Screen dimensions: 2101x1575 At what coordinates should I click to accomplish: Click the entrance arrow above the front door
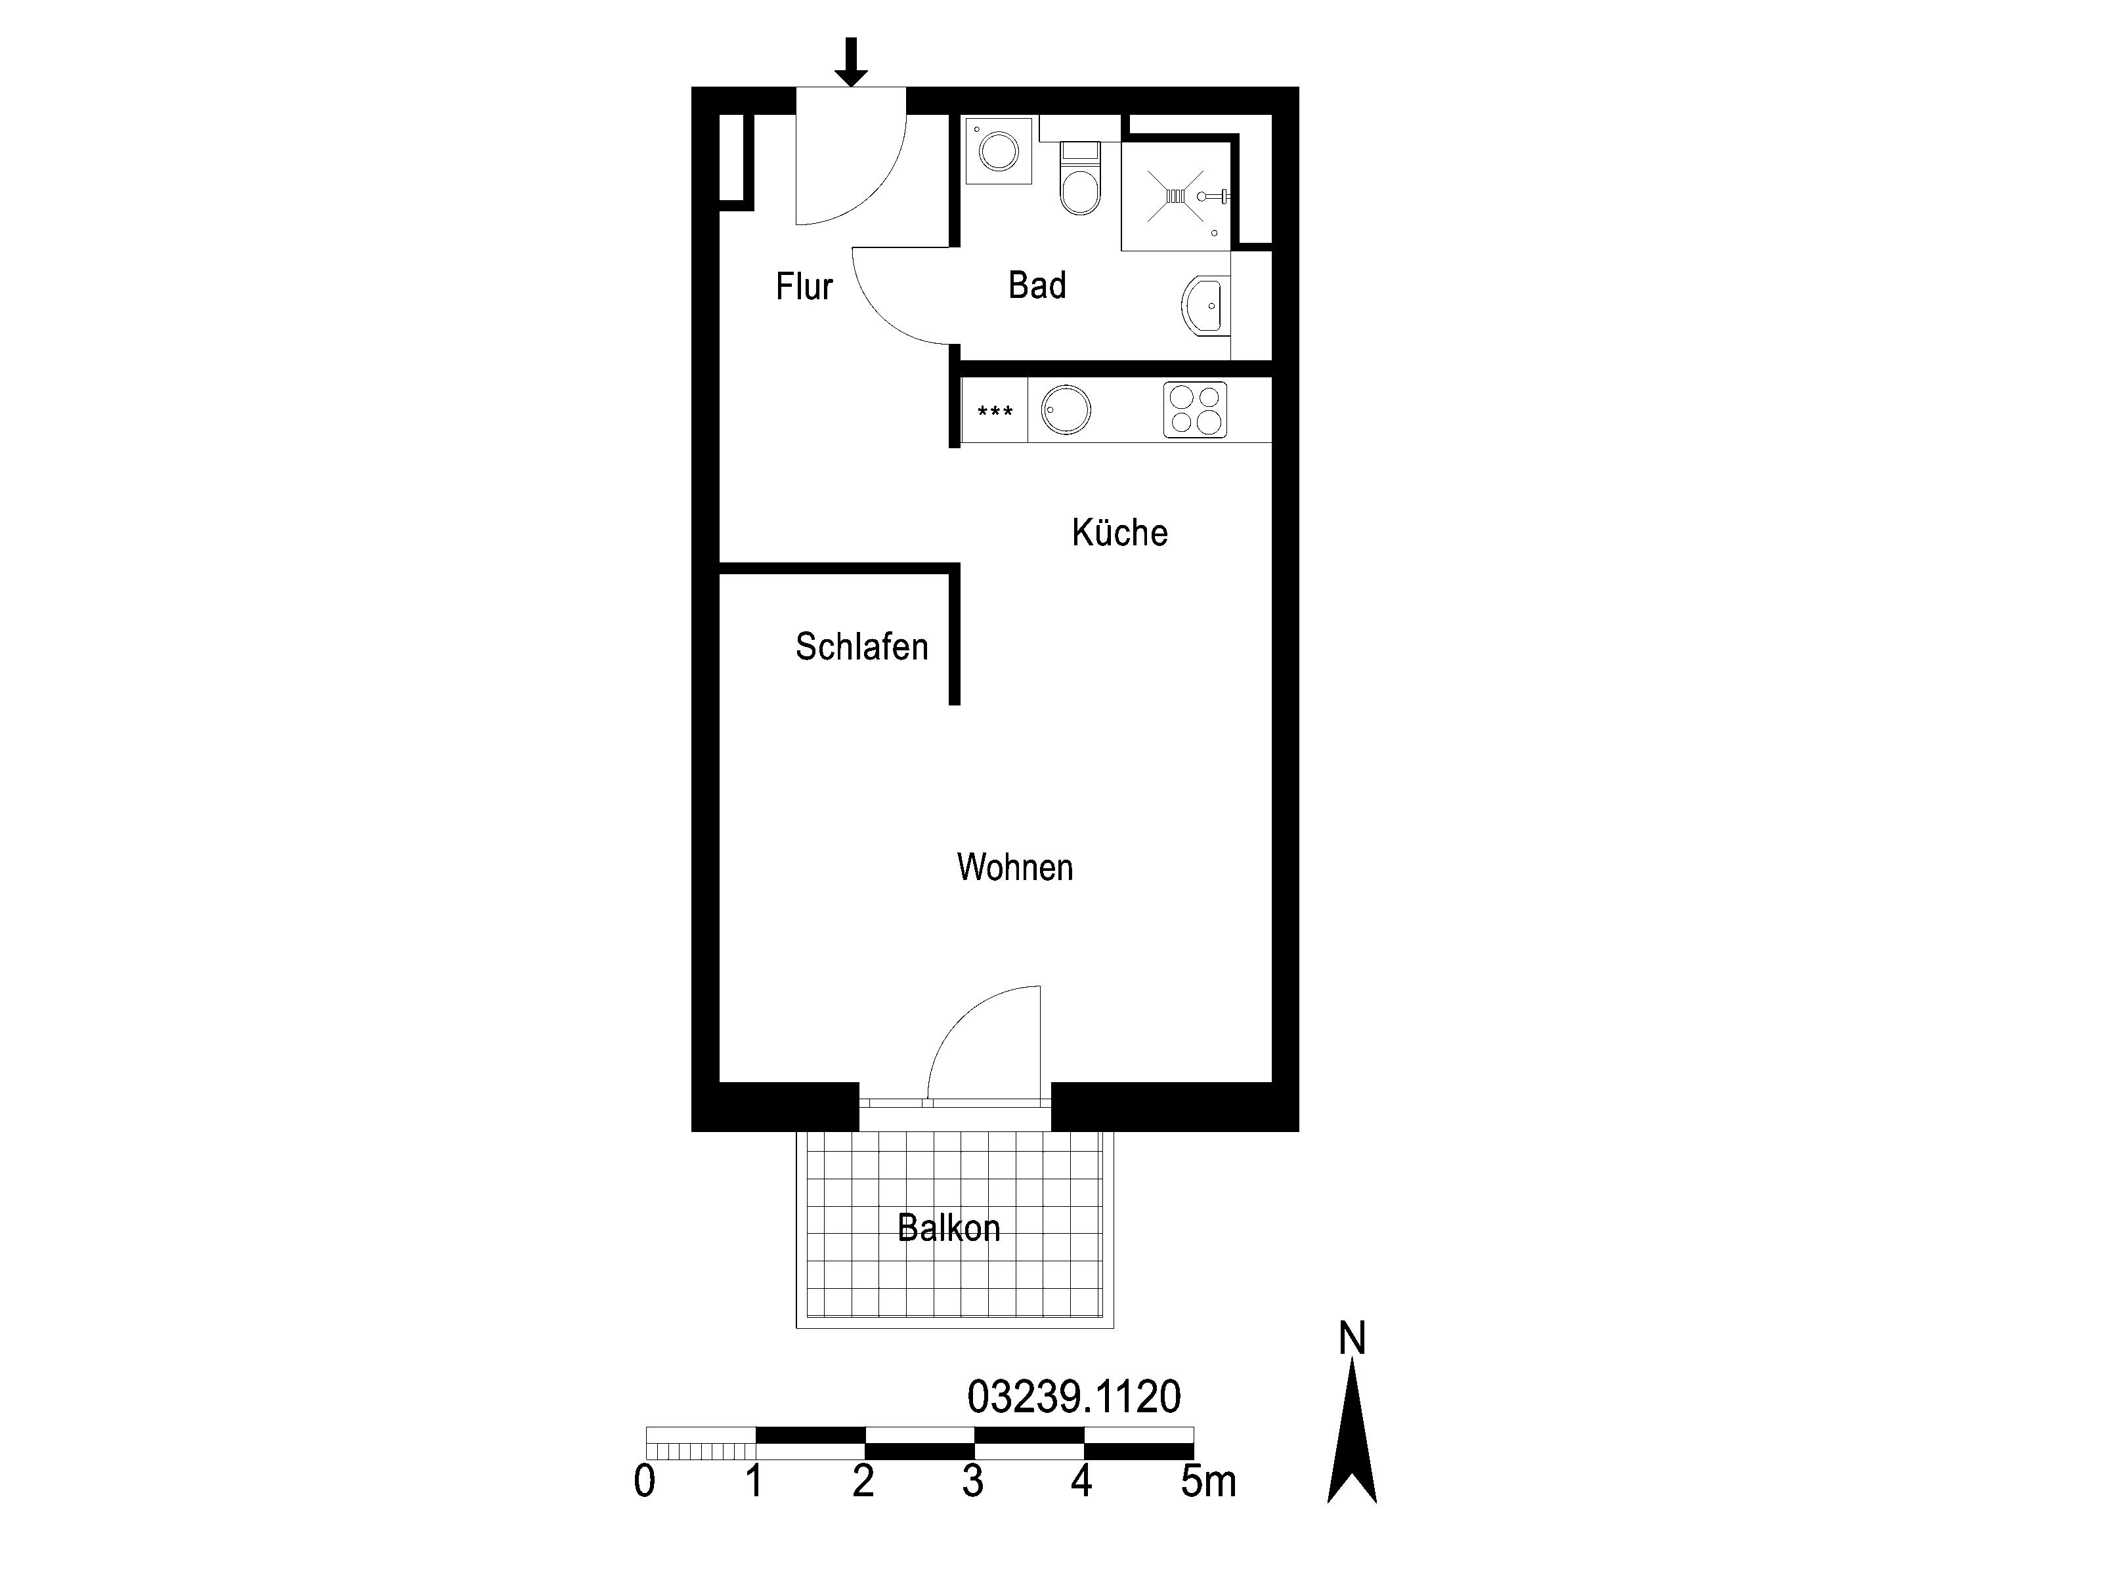coord(850,62)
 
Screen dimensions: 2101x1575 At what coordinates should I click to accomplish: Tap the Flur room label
coord(804,285)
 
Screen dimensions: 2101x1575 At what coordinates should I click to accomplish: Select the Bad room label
coord(1037,285)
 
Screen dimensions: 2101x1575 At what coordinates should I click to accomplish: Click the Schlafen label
coord(861,646)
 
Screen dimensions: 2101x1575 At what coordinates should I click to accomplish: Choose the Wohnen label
coord(1014,867)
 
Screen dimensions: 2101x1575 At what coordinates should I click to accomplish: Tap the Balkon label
coord(949,1228)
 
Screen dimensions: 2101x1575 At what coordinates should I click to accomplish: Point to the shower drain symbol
coord(1176,196)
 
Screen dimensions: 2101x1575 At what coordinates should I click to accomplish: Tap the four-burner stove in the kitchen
coord(1195,410)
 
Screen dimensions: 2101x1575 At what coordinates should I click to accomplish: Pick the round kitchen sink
coord(1066,410)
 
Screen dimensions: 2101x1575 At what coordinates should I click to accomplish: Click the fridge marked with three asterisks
coord(995,410)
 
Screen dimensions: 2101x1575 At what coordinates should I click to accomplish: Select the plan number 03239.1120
coord(1073,1396)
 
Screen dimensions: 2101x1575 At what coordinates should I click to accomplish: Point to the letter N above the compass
coord(1352,1339)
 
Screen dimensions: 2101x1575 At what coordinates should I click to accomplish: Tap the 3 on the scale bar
coord(972,1482)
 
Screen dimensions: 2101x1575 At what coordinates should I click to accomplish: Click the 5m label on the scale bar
coord(1208,1482)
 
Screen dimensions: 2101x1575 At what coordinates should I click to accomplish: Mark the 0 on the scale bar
coord(644,1482)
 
